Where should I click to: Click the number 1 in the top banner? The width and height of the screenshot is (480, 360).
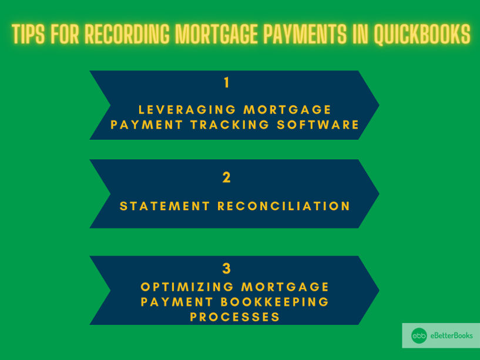tap(227, 83)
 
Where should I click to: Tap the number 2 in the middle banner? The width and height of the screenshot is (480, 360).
tap(227, 177)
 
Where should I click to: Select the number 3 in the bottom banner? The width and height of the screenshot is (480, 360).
tap(227, 269)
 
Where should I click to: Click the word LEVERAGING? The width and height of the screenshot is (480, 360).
tap(187, 110)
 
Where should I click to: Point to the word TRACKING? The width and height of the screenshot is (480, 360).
tap(230, 125)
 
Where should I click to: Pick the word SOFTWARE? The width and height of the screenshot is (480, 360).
tap(318, 125)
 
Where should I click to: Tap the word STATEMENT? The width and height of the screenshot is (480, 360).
tap(165, 206)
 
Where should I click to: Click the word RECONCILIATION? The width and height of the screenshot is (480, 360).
tap(284, 206)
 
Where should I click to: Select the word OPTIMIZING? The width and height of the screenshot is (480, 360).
tap(187, 287)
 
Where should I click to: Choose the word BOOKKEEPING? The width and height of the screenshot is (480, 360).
tap(274, 302)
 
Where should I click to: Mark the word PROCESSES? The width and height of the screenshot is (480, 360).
tap(235, 317)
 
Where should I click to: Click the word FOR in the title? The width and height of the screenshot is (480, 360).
tap(65, 33)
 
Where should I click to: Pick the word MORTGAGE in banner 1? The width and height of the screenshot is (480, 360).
tap(287, 110)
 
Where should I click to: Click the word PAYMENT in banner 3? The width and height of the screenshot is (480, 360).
tap(177, 302)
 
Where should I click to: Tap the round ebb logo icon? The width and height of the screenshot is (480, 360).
tap(419, 336)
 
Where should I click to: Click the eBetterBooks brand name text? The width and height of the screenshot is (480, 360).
tap(452, 335)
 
